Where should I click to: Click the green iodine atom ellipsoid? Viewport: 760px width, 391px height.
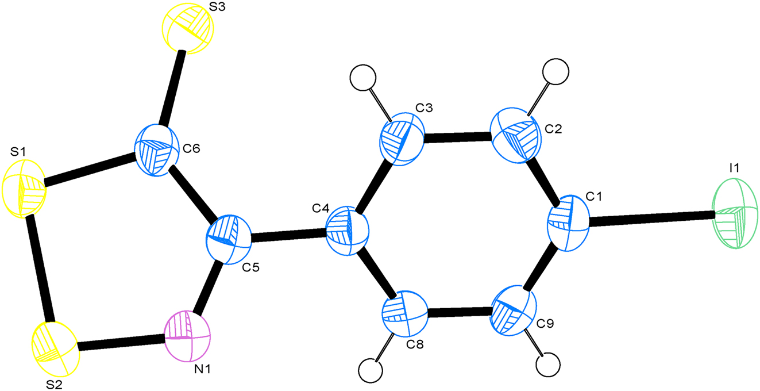[x=735, y=214]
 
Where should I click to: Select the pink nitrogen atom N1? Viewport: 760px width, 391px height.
[x=187, y=336]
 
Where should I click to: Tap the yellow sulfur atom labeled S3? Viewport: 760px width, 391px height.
[x=188, y=28]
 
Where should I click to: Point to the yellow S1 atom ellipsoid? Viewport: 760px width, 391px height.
[x=24, y=189]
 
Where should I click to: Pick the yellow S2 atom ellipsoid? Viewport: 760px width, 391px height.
[x=56, y=349]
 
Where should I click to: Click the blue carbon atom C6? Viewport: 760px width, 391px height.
[x=157, y=151]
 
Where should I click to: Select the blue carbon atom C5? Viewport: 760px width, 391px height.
[x=229, y=239]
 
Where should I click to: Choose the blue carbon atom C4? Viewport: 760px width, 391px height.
[x=348, y=231]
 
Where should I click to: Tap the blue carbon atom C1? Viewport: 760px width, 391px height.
[x=569, y=223]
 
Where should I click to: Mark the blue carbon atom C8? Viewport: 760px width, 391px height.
[x=404, y=313]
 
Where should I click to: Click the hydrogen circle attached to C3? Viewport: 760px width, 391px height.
[x=362, y=78]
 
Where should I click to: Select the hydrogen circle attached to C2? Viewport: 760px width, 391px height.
[x=555, y=72]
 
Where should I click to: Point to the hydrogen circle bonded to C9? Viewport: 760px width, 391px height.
[x=548, y=365]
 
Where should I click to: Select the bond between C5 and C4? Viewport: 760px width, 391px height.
[x=288, y=235]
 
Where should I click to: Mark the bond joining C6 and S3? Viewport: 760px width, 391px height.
[x=172, y=89]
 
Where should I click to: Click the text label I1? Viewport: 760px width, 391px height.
[x=734, y=168]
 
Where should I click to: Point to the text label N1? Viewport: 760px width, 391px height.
[x=202, y=369]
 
